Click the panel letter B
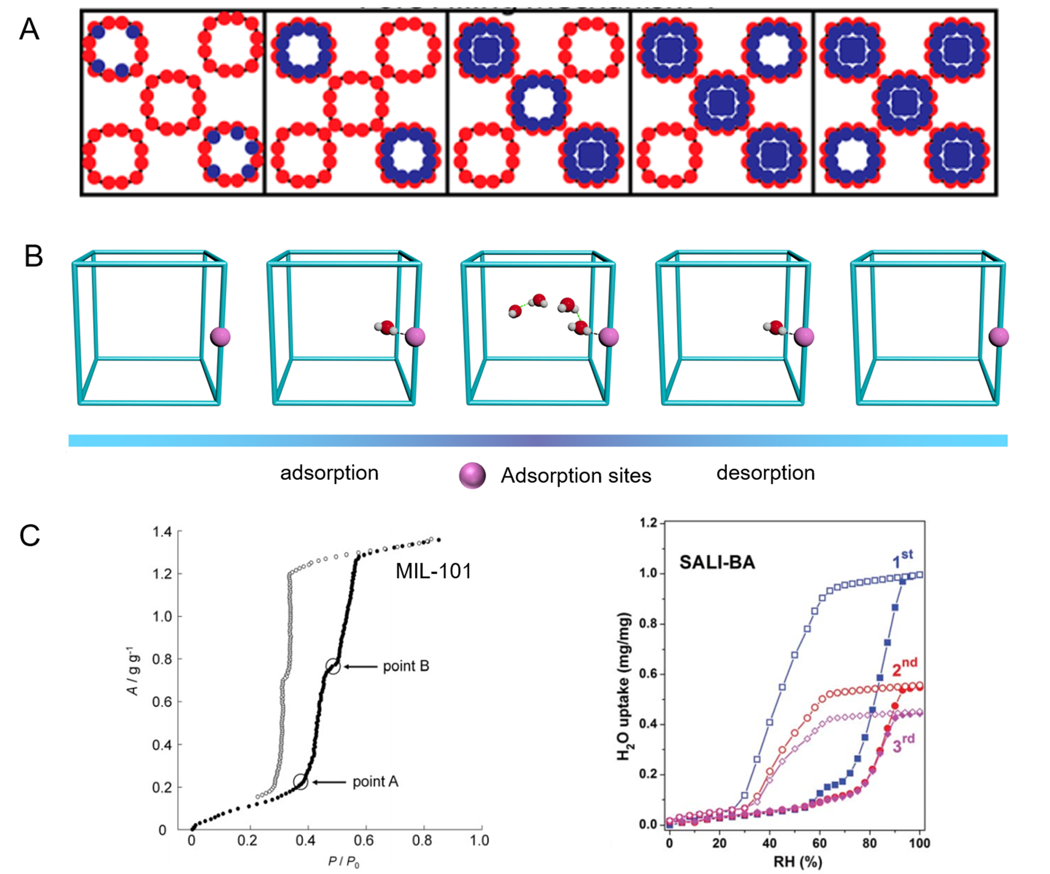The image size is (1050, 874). [x=34, y=256]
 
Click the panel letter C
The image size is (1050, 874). [x=30, y=536]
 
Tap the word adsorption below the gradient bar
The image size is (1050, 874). [x=329, y=473]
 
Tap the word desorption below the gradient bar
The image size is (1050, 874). [x=765, y=473]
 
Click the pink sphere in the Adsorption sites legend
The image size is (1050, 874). [x=472, y=475]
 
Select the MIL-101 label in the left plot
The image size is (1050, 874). [x=433, y=571]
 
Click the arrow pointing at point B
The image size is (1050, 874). [x=360, y=666]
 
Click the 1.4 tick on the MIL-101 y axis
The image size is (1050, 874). [x=162, y=532]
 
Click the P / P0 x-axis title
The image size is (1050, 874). [x=344, y=862]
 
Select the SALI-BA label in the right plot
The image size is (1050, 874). [x=717, y=562]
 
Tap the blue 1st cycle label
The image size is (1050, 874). [x=903, y=559]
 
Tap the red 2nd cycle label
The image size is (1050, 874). [x=904, y=667]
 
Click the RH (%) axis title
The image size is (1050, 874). [x=798, y=862]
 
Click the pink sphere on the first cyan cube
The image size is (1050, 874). [x=220, y=337]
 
